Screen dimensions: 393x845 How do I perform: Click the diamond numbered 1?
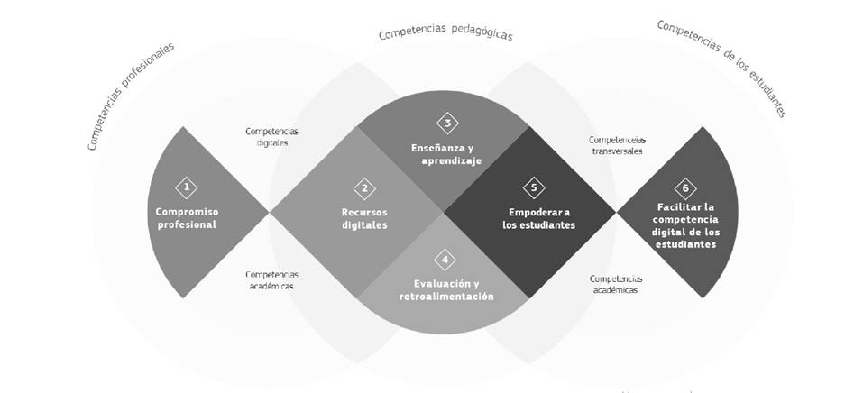(187, 187)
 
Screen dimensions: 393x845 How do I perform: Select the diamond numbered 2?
(364, 188)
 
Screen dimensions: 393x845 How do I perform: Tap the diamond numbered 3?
(446, 123)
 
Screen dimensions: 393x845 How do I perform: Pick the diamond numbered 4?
(445, 260)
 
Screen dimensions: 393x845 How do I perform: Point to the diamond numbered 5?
(534, 187)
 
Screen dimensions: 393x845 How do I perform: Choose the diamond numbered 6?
(685, 187)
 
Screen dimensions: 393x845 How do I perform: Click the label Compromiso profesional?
(187, 218)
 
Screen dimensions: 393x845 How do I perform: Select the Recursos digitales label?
(364, 219)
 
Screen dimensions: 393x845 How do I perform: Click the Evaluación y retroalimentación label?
(445, 289)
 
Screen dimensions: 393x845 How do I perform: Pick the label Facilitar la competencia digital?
(686, 225)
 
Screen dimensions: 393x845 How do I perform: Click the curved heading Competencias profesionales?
(131, 94)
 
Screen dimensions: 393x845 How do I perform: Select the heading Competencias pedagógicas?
(445, 34)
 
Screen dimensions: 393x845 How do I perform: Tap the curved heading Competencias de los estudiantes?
(721, 68)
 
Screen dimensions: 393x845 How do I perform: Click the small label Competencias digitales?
(271, 136)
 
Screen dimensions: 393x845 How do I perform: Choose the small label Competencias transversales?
(617, 145)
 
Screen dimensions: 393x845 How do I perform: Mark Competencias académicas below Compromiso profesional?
(271, 279)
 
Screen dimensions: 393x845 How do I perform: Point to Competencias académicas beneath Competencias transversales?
(616, 284)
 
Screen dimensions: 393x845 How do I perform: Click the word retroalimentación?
(445, 296)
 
